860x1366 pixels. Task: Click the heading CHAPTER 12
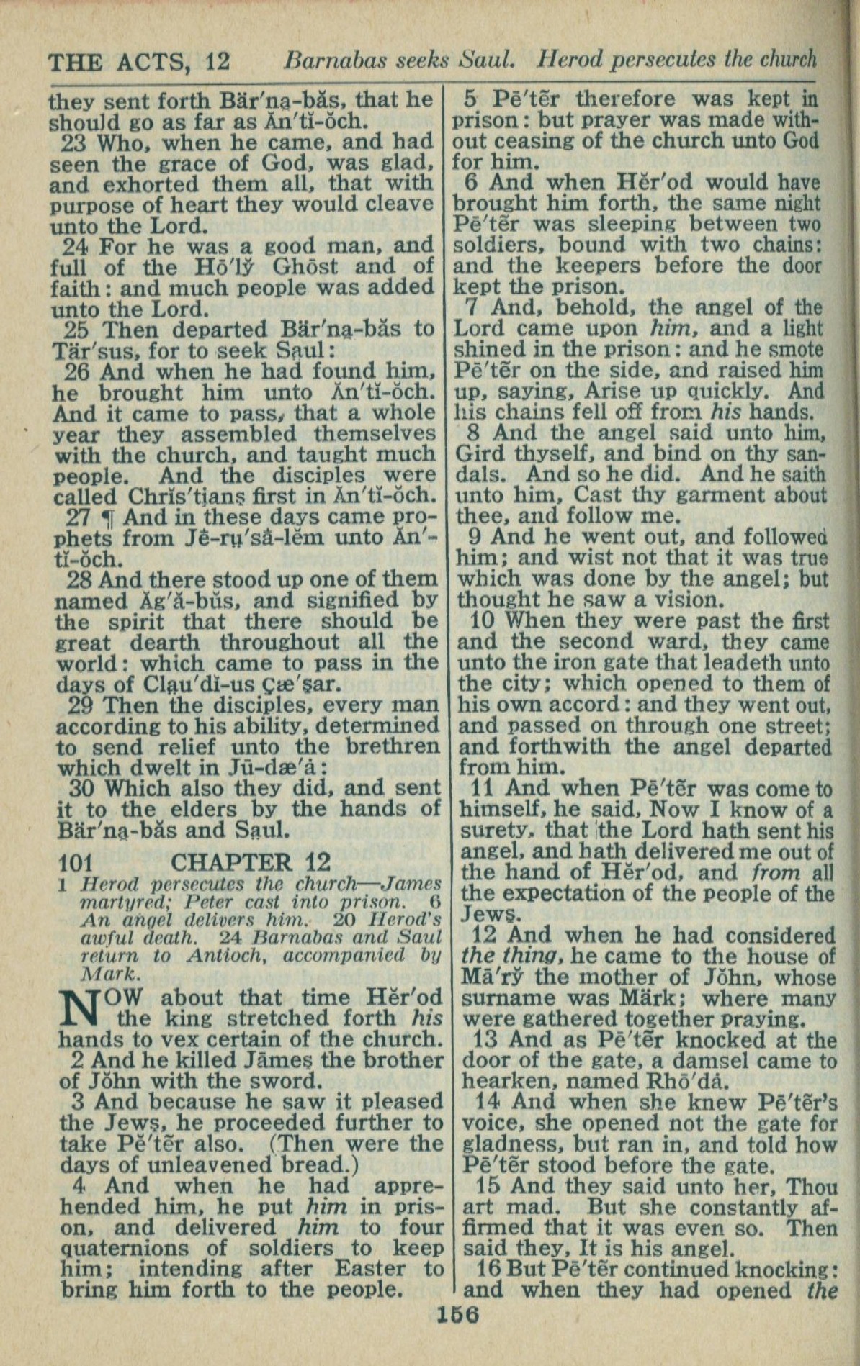pyautogui.click(x=251, y=861)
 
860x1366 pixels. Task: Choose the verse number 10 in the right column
pyautogui.click(x=484, y=620)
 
